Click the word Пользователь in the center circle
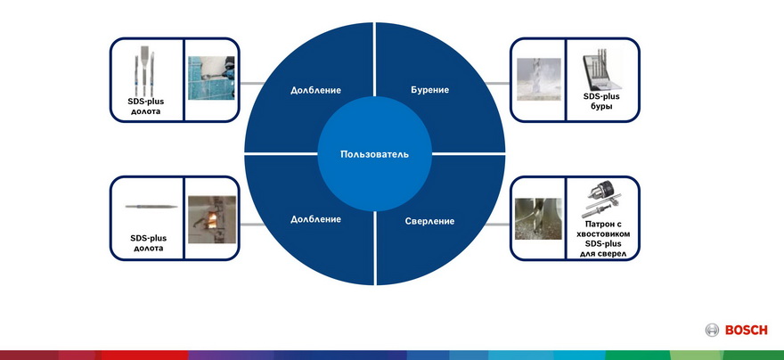coord(374,154)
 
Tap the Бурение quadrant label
coord(430,90)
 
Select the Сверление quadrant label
coord(429,221)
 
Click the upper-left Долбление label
coord(315,91)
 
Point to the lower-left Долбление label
coord(315,219)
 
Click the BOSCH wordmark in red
coord(746,330)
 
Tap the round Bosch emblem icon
coord(712,330)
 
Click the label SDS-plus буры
coord(601,101)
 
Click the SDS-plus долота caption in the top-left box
coord(145,106)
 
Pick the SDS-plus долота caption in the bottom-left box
coord(148,243)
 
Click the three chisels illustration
coord(144,71)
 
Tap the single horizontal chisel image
coord(151,207)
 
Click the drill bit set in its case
coord(601,71)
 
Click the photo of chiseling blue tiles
coord(211,78)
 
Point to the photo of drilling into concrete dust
coord(538,79)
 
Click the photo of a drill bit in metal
coord(538,218)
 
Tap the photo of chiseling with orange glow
coord(211,219)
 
